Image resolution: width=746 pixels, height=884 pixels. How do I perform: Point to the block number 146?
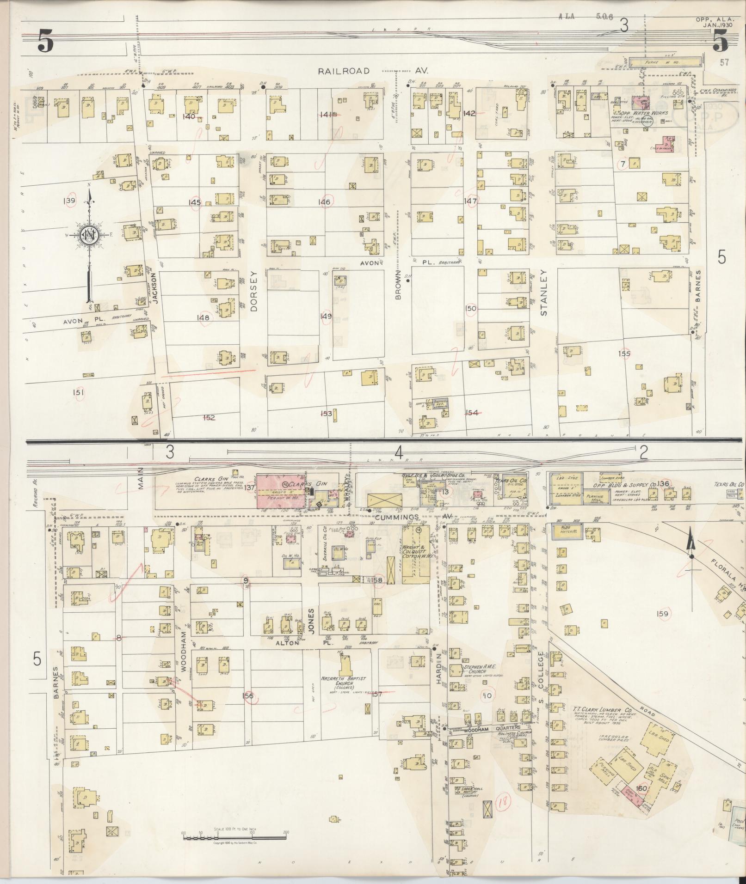(x=324, y=202)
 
